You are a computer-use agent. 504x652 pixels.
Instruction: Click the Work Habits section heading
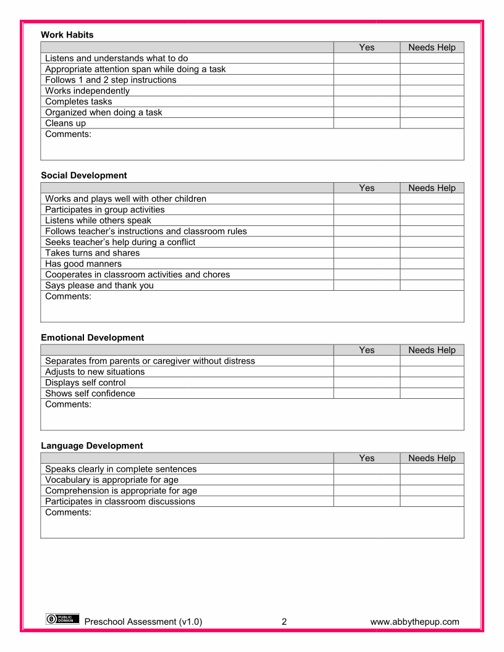pyautogui.click(x=67, y=35)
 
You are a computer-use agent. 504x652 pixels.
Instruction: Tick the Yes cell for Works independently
pyautogui.click(x=366, y=91)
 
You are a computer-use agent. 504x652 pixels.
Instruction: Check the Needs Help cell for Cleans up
pyautogui.click(x=432, y=123)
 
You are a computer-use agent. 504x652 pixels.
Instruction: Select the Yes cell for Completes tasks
pyautogui.click(x=366, y=102)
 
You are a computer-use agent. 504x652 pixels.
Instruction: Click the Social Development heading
pyautogui.click(x=84, y=175)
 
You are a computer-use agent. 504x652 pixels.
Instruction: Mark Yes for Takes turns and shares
pyautogui.click(x=366, y=253)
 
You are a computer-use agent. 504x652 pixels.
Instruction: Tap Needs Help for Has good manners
pyautogui.click(x=432, y=264)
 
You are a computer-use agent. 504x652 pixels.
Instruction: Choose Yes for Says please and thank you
pyautogui.click(x=366, y=285)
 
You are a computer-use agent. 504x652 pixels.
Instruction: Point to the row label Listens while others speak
pyautogui.click(x=98, y=220)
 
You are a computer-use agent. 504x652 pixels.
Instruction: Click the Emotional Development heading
pyautogui.click(x=93, y=338)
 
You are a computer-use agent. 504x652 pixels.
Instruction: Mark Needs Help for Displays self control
pyautogui.click(x=432, y=383)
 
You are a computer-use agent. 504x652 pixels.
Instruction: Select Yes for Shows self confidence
pyautogui.click(x=366, y=393)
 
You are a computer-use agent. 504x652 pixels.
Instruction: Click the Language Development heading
pyautogui.click(x=92, y=446)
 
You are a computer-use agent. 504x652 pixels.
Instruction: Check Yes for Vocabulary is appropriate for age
pyautogui.click(x=366, y=480)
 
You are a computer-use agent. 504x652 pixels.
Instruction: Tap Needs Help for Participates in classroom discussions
pyautogui.click(x=432, y=501)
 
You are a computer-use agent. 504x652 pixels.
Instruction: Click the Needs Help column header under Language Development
pyautogui.click(x=432, y=458)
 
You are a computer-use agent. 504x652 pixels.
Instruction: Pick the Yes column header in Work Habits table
pyautogui.click(x=366, y=48)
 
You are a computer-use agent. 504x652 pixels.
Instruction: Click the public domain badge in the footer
pyautogui.click(x=62, y=619)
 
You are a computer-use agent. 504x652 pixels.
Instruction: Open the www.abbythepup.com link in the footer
pyautogui.click(x=414, y=622)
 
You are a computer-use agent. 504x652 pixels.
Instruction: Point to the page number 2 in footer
pyautogui.click(x=284, y=622)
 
